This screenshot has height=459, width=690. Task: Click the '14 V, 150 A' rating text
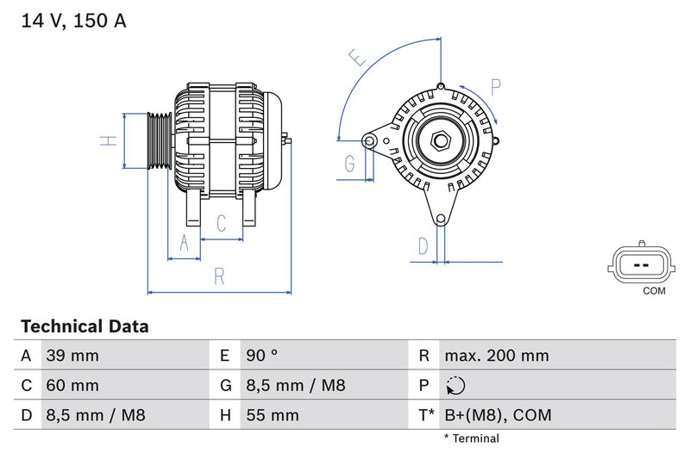pos(73,22)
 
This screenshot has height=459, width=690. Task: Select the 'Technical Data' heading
pos(85,326)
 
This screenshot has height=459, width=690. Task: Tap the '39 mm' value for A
pos(72,356)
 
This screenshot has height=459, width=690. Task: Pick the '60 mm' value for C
pos(72,385)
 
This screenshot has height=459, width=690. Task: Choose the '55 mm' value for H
pos(273,415)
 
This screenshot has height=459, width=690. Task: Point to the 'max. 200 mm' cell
pos(497,356)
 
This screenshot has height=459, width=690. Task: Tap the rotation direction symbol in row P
pos(455,386)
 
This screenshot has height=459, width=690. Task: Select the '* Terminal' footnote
pos(471,438)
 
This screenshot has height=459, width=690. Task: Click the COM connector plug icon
pos(642,265)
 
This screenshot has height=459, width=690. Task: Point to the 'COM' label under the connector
pos(654,291)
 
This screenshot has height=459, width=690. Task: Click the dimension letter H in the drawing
pos(108,140)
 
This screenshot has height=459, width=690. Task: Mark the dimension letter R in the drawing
pos(219,276)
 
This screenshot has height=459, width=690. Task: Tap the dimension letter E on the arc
pos(358,59)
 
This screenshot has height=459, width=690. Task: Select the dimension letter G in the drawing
pos(350,163)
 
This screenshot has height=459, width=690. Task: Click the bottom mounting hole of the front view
pos(442,219)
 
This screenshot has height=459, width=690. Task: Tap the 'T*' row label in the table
pos(425,415)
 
